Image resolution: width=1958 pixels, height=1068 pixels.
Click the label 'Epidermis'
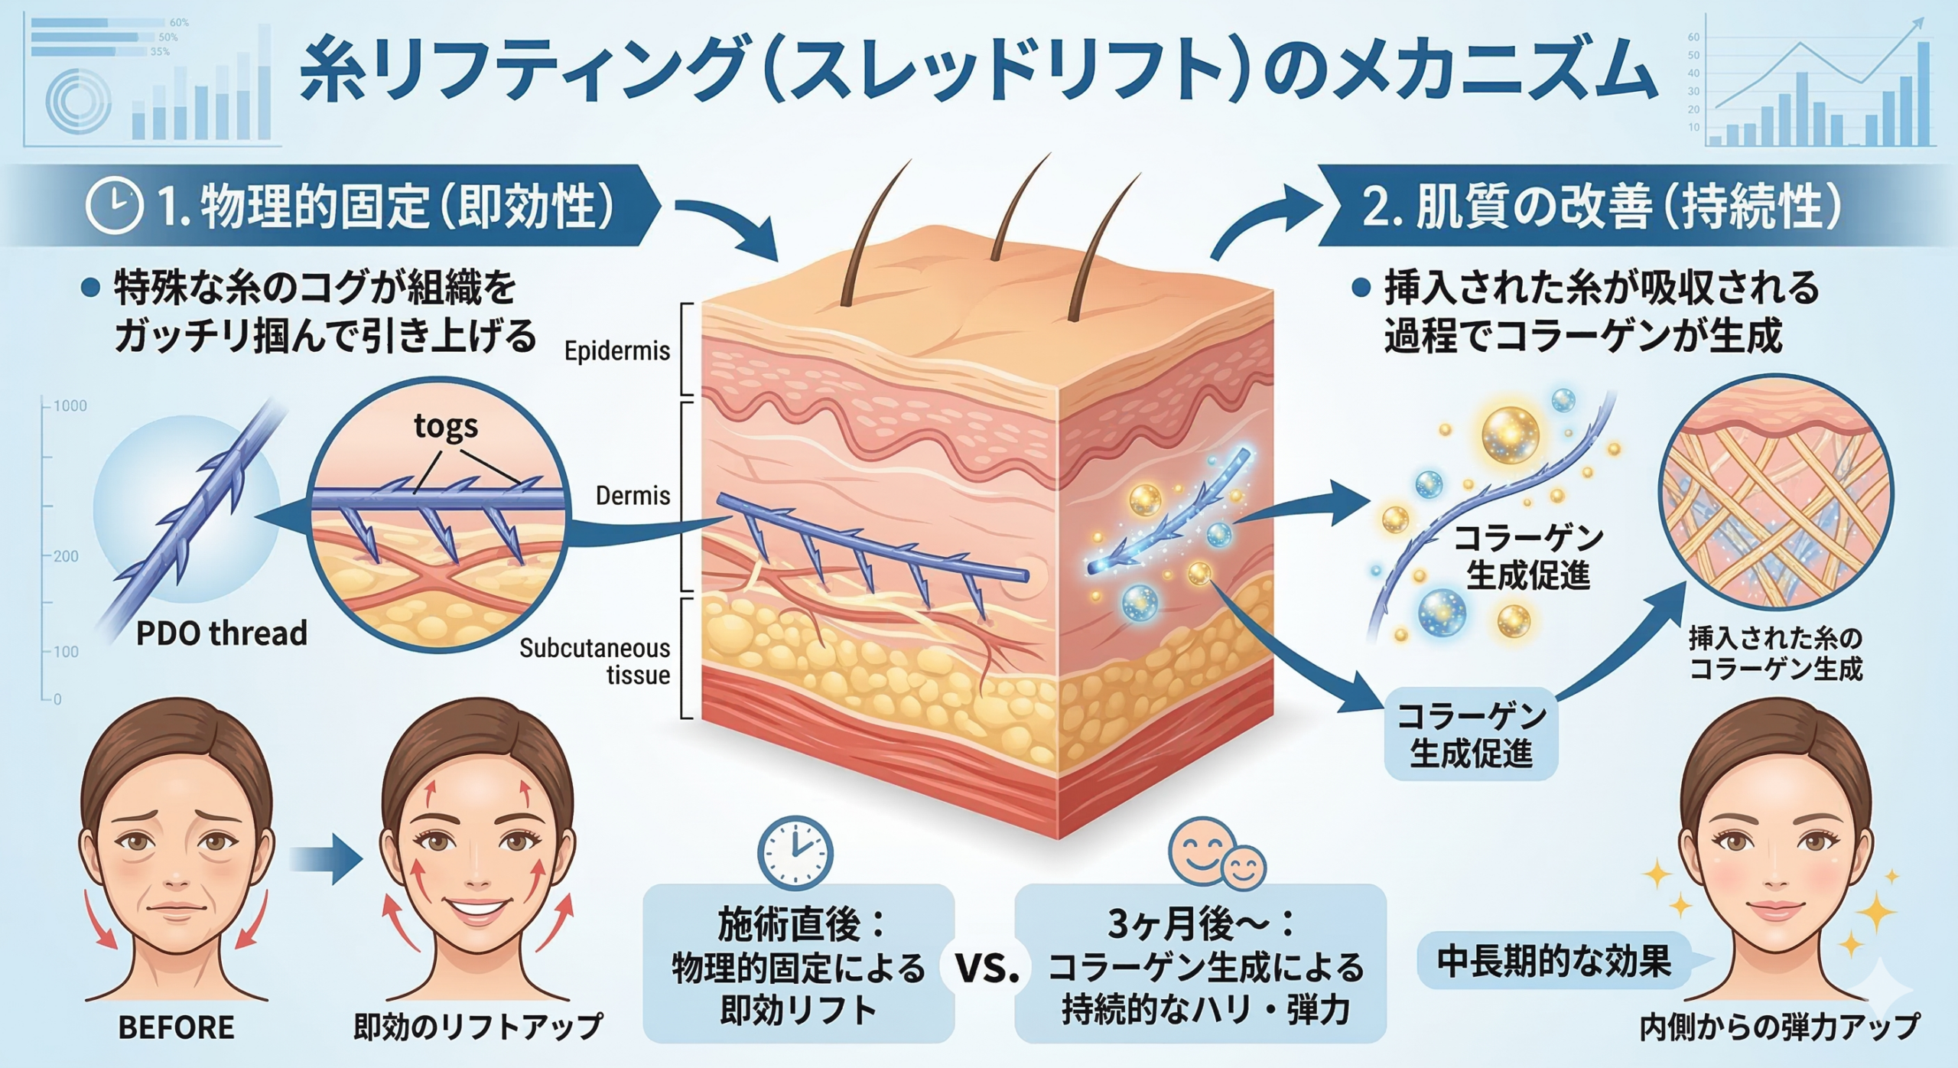616,351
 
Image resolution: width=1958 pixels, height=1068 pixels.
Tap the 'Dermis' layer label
633,496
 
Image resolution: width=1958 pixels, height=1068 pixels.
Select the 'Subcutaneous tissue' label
595,662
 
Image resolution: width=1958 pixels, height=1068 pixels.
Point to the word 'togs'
446,425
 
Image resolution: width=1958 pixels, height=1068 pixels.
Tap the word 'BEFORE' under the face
176,1027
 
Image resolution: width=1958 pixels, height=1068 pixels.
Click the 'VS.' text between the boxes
987,970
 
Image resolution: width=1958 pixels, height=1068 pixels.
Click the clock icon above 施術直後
795,853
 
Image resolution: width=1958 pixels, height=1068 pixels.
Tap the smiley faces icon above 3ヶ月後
1216,855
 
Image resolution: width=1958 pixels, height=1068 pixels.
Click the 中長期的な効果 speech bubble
1554,962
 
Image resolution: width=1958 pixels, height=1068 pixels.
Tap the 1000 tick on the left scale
70,406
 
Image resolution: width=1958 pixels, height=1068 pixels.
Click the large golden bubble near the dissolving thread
1510,435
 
